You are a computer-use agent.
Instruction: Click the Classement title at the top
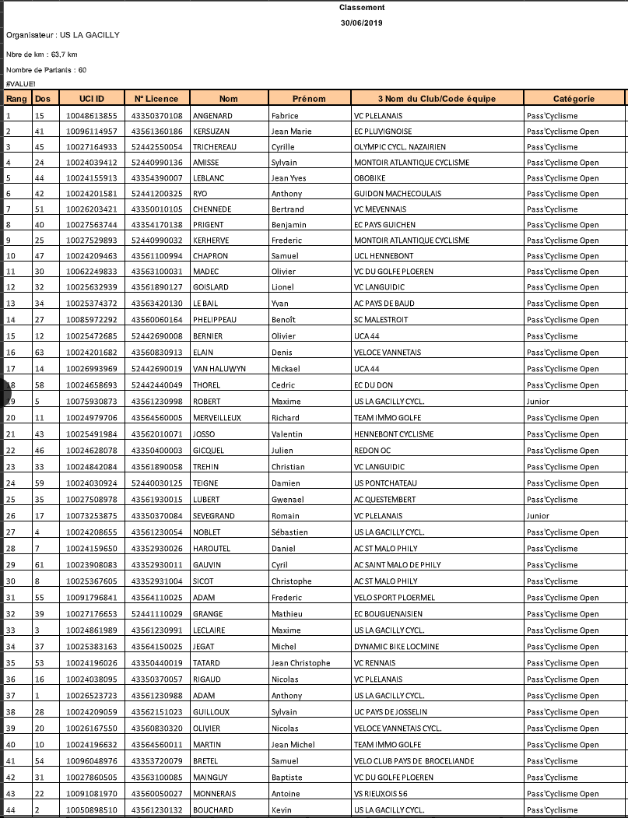[361, 8]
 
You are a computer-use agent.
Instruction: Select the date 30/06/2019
[361, 23]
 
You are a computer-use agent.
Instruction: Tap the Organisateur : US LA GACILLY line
[62, 36]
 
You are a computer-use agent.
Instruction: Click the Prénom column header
[309, 99]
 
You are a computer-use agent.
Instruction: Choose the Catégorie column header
[574, 99]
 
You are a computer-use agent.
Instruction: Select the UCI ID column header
[92, 99]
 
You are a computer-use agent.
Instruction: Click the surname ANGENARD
[212, 116]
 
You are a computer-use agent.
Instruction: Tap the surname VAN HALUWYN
[219, 369]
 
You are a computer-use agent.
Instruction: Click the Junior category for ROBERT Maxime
[539, 402]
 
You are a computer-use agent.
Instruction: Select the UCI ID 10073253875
[92, 516]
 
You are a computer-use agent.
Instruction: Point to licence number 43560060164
[157, 320]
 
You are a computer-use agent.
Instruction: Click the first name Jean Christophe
[300, 663]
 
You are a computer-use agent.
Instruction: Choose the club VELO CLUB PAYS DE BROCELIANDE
[414, 761]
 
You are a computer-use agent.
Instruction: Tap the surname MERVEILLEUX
[217, 418]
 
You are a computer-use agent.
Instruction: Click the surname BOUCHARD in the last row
[212, 810]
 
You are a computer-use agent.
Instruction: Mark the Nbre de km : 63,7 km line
[41, 54]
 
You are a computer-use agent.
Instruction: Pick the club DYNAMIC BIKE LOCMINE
[396, 647]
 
